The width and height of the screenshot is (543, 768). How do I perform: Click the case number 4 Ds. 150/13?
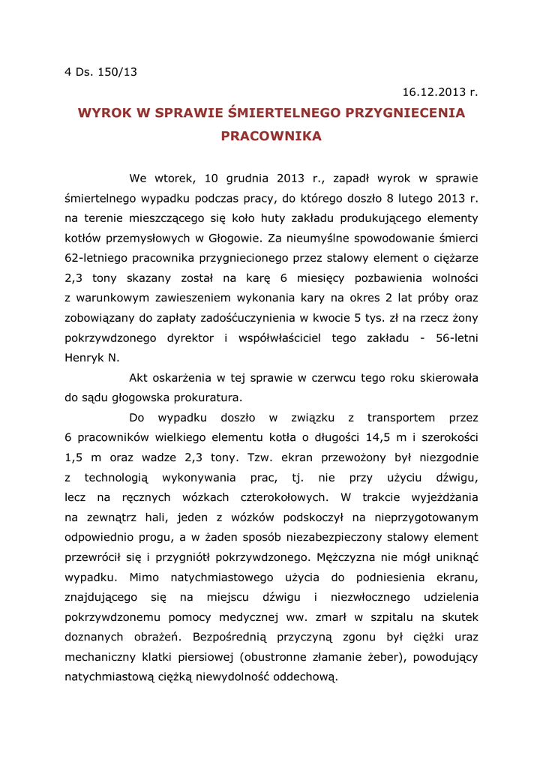(101, 72)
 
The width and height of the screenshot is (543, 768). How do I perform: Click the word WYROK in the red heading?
(104, 113)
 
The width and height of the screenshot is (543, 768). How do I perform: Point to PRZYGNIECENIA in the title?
(404, 113)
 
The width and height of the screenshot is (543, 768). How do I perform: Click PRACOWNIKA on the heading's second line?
(271, 136)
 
